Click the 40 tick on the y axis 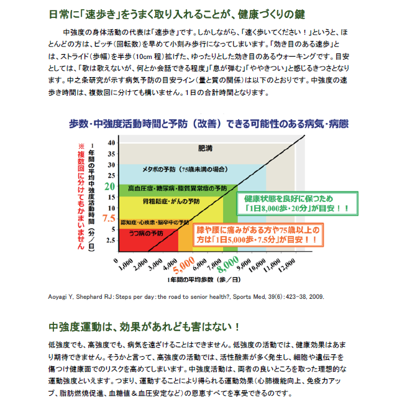[x=112, y=142]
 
